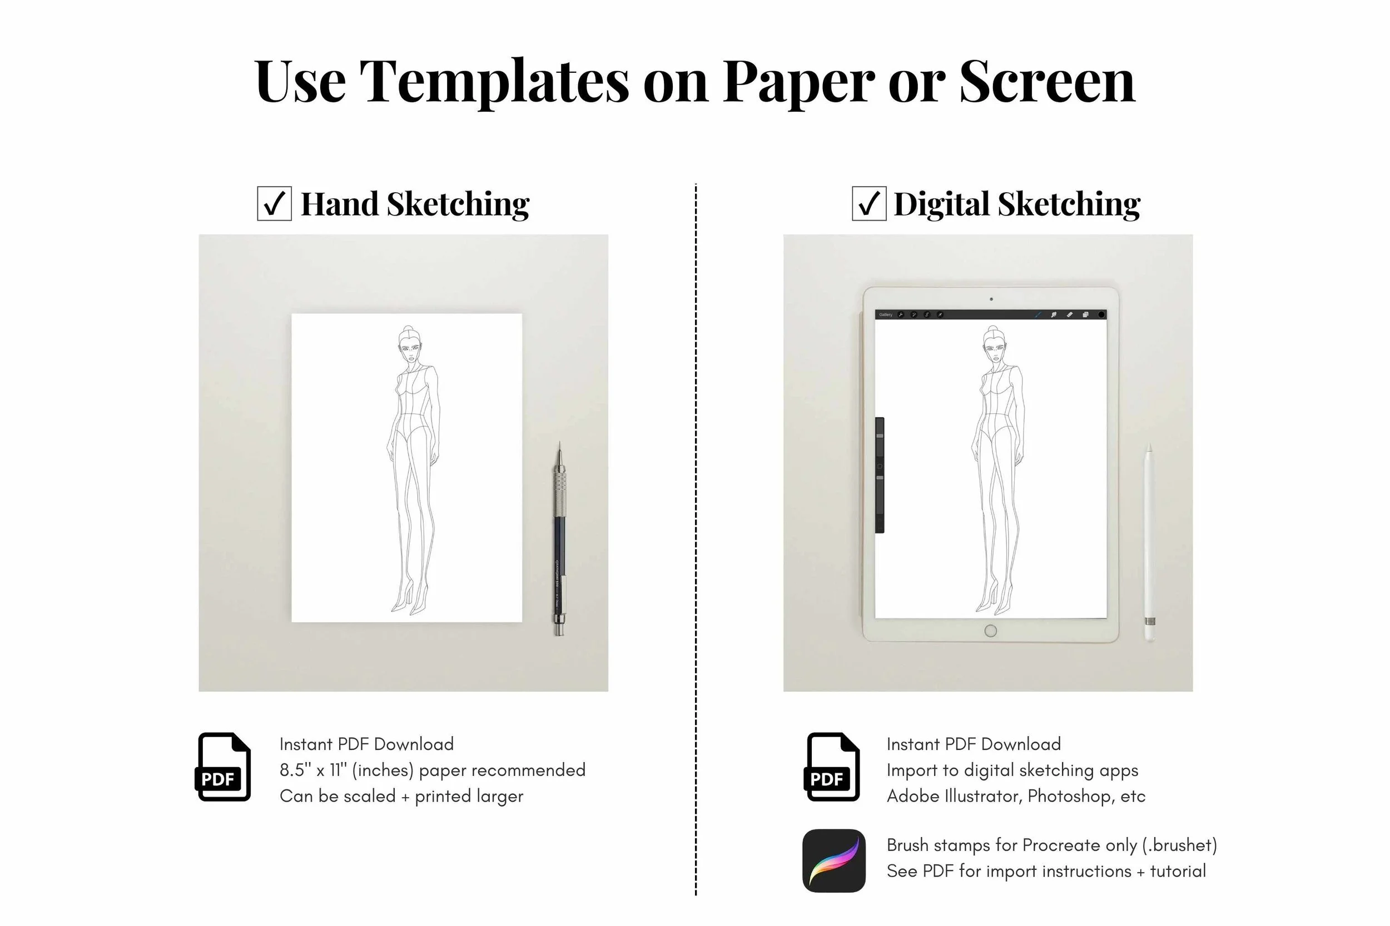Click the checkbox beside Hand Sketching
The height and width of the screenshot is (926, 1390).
(274, 204)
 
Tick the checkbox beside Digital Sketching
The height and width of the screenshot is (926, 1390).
(868, 204)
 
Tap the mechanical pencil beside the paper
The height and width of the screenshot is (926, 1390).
(559, 539)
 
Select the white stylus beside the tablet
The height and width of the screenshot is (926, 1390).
(1149, 542)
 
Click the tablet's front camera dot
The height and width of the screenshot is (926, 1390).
(991, 299)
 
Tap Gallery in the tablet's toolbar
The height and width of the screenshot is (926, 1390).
(885, 315)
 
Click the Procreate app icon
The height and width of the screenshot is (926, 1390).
(834, 860)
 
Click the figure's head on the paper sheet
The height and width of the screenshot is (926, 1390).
(409, 344)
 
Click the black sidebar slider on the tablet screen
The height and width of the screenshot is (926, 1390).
(880, 475)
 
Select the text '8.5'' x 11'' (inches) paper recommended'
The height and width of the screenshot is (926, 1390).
(432, 770)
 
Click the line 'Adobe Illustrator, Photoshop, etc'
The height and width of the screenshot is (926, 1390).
(1016, 796)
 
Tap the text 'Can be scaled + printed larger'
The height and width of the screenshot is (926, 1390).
(401, 796)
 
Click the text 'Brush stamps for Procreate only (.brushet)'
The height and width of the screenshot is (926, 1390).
(1052, 845)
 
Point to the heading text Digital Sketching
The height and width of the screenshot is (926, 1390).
(1017, 204)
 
